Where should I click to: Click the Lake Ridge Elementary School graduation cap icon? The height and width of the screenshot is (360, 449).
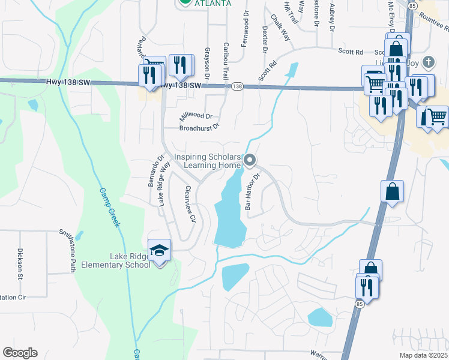160,250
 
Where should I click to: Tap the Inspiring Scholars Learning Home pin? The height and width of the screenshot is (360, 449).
251,160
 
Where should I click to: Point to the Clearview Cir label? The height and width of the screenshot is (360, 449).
191,203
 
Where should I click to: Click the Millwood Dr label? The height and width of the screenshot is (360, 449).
196,116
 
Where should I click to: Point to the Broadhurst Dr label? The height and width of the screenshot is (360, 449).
200,128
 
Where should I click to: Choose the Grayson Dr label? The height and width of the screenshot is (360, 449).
206,64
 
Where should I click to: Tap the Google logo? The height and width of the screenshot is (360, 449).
20,353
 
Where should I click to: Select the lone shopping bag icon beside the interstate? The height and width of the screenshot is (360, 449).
392,191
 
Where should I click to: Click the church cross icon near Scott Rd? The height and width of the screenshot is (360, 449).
427,61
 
